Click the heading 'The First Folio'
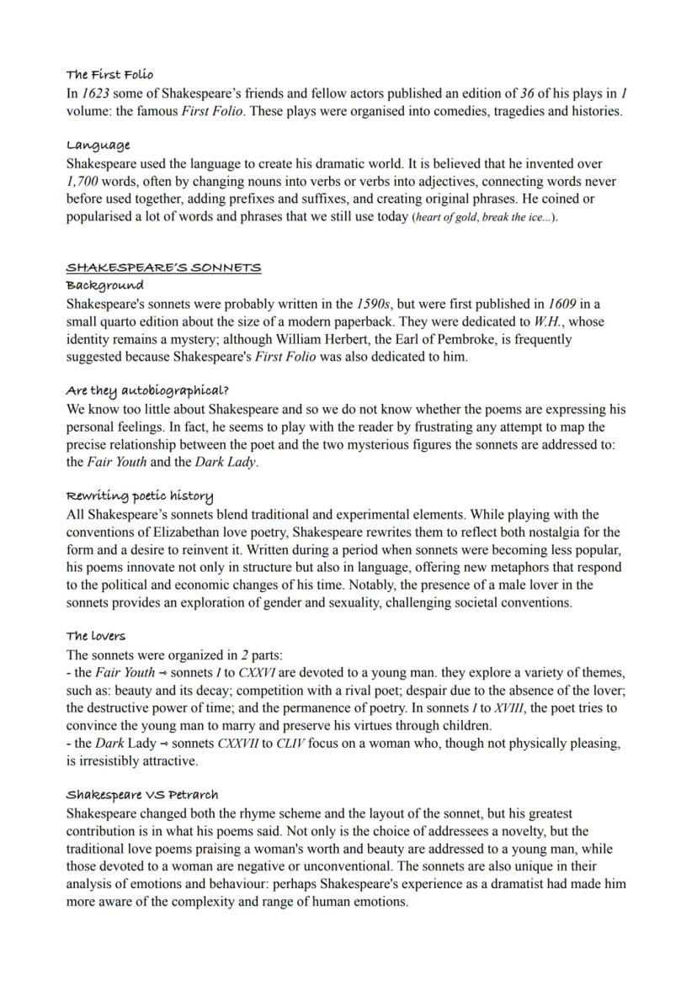(x=109, y=75)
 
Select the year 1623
(x=95, y=94)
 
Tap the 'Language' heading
(x=98, y=146)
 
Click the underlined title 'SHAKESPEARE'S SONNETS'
(x=163, y=268)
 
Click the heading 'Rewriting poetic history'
(x=139, y=495)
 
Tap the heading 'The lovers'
(x=95, y=636)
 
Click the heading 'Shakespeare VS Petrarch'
(x=141, y=795)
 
